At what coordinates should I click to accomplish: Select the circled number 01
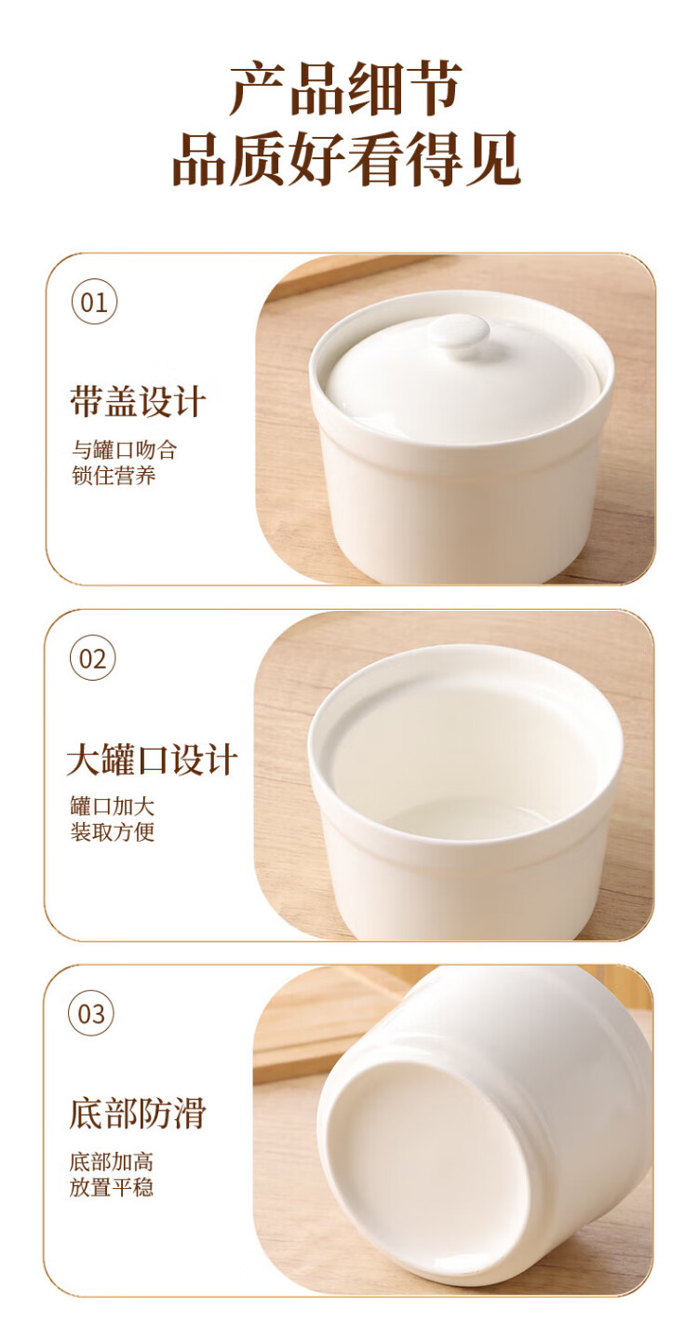pyautogui.click(x=95, y=303)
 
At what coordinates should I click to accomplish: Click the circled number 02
pyautogui.click(x=93, y=658)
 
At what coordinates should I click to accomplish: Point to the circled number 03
pyautogui.click(x=91, y=1014)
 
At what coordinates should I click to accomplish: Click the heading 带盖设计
pyautogui.click(x=139, y=401)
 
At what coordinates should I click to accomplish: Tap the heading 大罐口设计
pyautogui.click(x=153, y=758)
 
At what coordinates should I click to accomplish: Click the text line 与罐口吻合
pyautogui.click(x=124, y=450)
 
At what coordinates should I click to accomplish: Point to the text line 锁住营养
pyautogui.click(x=114, y=476)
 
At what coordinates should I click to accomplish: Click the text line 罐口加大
pyautogui.click(x=113, y=806)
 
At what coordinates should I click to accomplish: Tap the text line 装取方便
pyautogui.click(x=113, y=832)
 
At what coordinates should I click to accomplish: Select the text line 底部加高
pyautogui.click(x=111, y=1162)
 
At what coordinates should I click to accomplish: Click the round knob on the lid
pyautogui.click(x=459, y=332)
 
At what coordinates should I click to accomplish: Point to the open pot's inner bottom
pyautogui.click(x=467, y=819)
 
